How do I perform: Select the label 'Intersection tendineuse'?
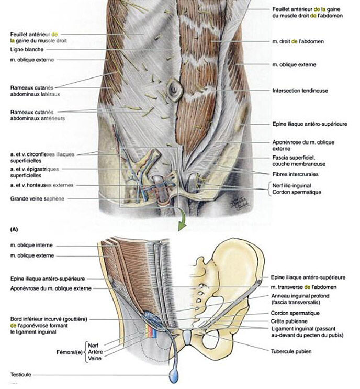click(300, 90)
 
